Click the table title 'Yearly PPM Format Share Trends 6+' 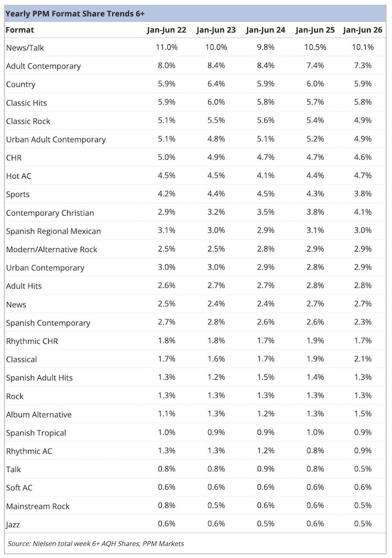point(75,14)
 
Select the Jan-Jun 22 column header point(166,30)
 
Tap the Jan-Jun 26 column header point(362,30)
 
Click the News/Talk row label point(25,48)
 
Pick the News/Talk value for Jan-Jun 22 point(166,47)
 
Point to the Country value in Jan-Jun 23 point(216,84)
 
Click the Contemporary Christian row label point(50,213)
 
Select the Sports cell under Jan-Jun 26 point(362,194)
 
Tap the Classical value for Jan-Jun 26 point(362,359)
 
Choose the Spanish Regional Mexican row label point(53,231)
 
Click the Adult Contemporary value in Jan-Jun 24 point(265,66)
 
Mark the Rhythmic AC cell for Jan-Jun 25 point(315,450)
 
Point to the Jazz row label point(13,524)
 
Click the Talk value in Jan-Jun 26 point(362,469)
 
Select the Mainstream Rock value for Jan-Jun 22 point(166,505)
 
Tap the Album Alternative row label point(39,415)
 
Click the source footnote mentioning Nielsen point(96,544)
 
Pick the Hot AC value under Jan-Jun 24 point(265,175)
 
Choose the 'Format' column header point(20,30)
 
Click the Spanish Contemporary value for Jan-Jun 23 point(216,322)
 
